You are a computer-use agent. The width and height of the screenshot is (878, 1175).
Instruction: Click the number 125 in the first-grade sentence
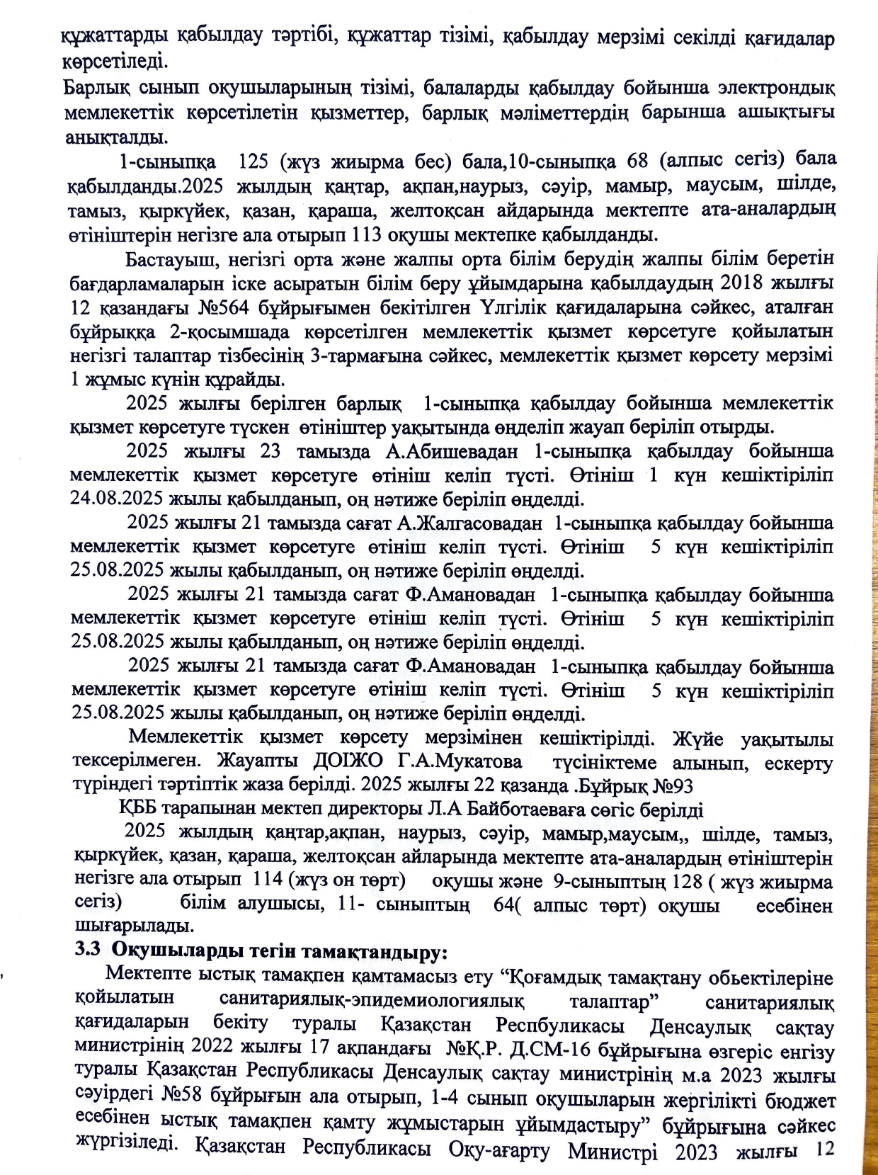tap(254, 161)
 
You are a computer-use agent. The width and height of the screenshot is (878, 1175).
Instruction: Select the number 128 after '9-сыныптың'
tap(686, 882)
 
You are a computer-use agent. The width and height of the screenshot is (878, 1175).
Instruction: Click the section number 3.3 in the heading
tap(89, 950)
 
